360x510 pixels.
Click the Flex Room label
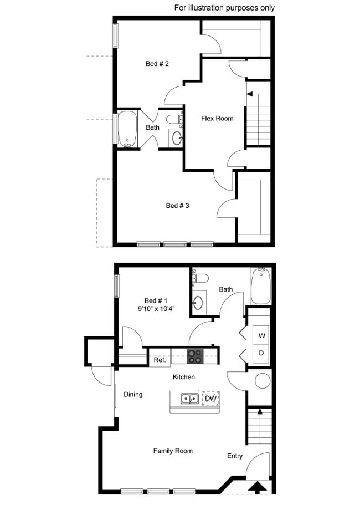[217, 118]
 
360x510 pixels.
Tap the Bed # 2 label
[157, 64]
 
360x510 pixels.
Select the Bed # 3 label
[178, 206]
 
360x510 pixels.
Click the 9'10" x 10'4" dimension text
[157, 308]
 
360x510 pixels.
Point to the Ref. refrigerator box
[160, 360]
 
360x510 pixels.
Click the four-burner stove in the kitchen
[195, 356]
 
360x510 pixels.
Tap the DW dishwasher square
[210, 398]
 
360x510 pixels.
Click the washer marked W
[261, 336]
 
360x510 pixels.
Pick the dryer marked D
[261, 353]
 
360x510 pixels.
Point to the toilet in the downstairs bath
[200, 278]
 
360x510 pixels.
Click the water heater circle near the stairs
[261, 381]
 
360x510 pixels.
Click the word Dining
[133, 395]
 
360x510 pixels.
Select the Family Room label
[173, 451]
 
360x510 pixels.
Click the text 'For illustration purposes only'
[224, 8]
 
